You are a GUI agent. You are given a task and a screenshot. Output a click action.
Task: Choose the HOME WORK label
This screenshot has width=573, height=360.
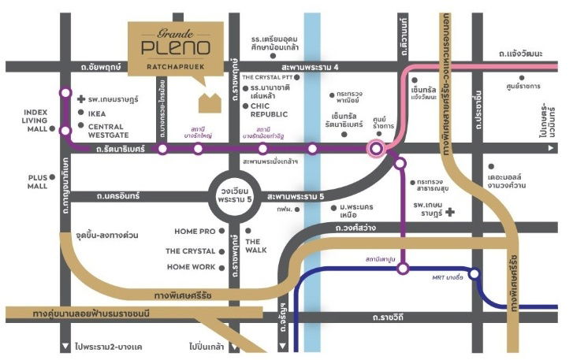tap(192, 267)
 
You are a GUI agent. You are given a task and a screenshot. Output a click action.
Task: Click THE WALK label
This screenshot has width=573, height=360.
tap(255, 246)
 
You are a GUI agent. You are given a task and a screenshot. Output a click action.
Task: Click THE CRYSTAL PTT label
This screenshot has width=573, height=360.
tap(273, 77)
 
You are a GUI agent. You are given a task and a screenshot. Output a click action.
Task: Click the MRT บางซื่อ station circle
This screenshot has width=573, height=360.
tap(475, 273)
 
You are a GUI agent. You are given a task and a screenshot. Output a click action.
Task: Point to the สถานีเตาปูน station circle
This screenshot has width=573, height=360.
tap(403, 269)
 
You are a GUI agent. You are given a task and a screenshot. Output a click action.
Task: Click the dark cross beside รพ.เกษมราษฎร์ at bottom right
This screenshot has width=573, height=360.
tap(449, 212)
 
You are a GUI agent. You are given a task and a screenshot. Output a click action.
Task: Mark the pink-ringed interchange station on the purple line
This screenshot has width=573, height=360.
tap(377, 147)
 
